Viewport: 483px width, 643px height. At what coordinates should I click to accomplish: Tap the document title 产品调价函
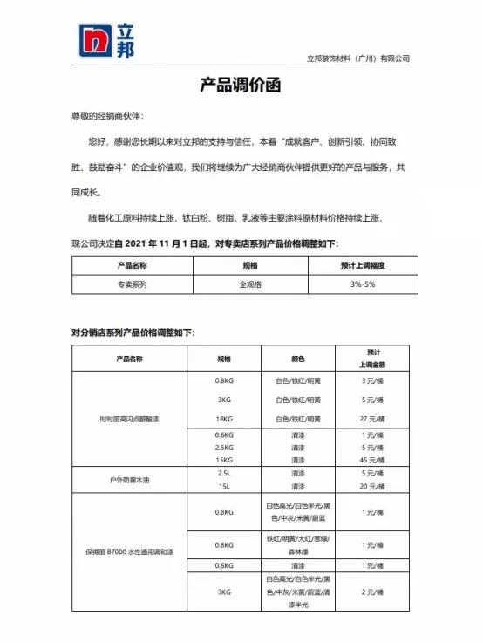tap(241, 85)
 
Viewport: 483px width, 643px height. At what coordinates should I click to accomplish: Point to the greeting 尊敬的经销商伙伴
tap(106, 116)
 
